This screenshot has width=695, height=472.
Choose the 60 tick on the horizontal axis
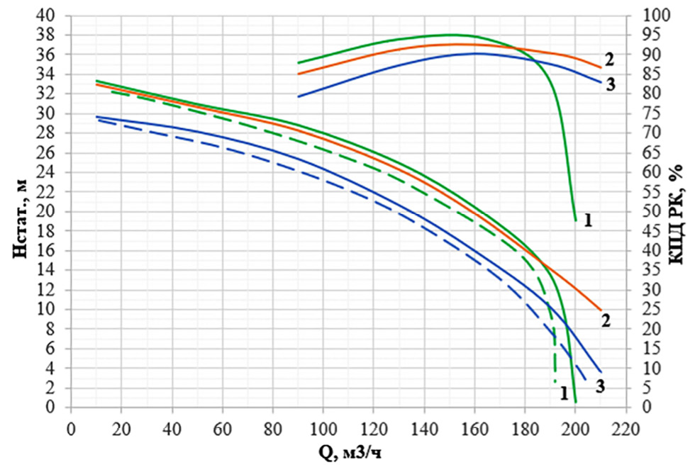click(x=222, y=429)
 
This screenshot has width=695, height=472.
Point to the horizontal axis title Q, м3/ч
click(x=347, y=451)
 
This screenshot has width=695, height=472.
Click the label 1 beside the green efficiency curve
click(x=588, y=220)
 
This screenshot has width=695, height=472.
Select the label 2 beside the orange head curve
click(x=606, y=320)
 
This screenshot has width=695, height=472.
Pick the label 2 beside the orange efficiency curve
click(x=608, y=59)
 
